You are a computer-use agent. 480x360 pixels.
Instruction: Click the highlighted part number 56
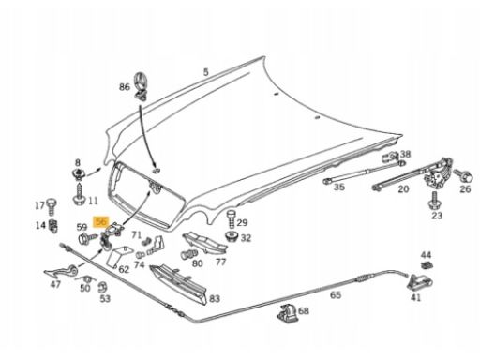[101, 221]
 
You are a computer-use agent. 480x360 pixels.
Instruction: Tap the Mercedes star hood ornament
[142, 86]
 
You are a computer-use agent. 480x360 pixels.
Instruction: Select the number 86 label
[124, 87]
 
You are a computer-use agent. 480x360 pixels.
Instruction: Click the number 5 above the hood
[205, 72]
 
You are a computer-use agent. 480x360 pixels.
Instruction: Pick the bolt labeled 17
[52, 206]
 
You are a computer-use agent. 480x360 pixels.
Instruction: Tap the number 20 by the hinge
[403, 189]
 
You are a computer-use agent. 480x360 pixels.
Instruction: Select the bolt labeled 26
[463, 175]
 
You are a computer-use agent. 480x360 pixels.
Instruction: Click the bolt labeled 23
[434, 201]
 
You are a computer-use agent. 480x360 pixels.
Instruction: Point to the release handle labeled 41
[419, 282]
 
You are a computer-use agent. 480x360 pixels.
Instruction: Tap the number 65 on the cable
[336, 294]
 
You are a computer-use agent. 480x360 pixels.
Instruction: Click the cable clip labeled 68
[288, 313]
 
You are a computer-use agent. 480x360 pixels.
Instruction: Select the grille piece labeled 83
[178, 284]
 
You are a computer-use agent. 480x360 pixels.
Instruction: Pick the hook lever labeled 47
[62, 272]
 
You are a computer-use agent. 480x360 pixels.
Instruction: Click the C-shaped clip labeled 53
[101, 288]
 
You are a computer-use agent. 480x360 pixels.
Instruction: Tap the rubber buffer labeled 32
[232, 236]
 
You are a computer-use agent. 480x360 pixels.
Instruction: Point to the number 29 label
[242, 222]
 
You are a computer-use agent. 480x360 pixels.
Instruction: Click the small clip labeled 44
[426, 265]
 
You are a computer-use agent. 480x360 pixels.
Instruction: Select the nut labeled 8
[78, 173]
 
